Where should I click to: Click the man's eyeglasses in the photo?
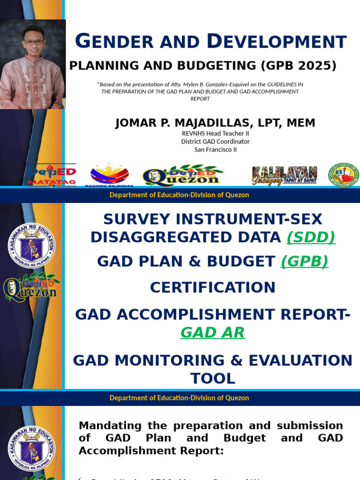pos(34,42)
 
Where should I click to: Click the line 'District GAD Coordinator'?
pos(216,141)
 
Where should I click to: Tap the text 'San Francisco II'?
pos(216,150)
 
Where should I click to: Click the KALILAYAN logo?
pos(284,175)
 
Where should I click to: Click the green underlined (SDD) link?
pos(311,237)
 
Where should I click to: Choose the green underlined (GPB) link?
pos(305,261)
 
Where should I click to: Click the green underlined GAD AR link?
pos(212,332)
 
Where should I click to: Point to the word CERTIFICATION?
pos(212,287)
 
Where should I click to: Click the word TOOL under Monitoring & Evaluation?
pos(212,378)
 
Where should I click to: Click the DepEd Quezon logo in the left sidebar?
pos(31,287)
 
